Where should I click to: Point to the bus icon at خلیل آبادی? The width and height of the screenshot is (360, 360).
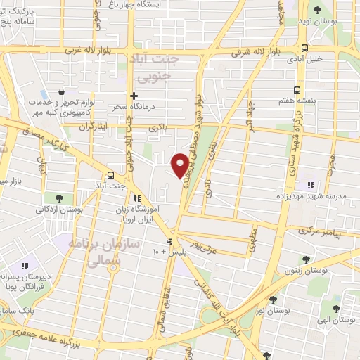304,48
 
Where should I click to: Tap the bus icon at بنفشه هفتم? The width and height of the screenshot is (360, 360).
297,90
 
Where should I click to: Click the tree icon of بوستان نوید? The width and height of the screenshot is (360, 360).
316,11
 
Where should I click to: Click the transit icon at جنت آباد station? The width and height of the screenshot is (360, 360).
110,175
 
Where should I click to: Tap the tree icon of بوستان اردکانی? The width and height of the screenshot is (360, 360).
49,198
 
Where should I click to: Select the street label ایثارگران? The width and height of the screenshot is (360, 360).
96,127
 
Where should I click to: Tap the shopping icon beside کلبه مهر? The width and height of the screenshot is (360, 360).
63,91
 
